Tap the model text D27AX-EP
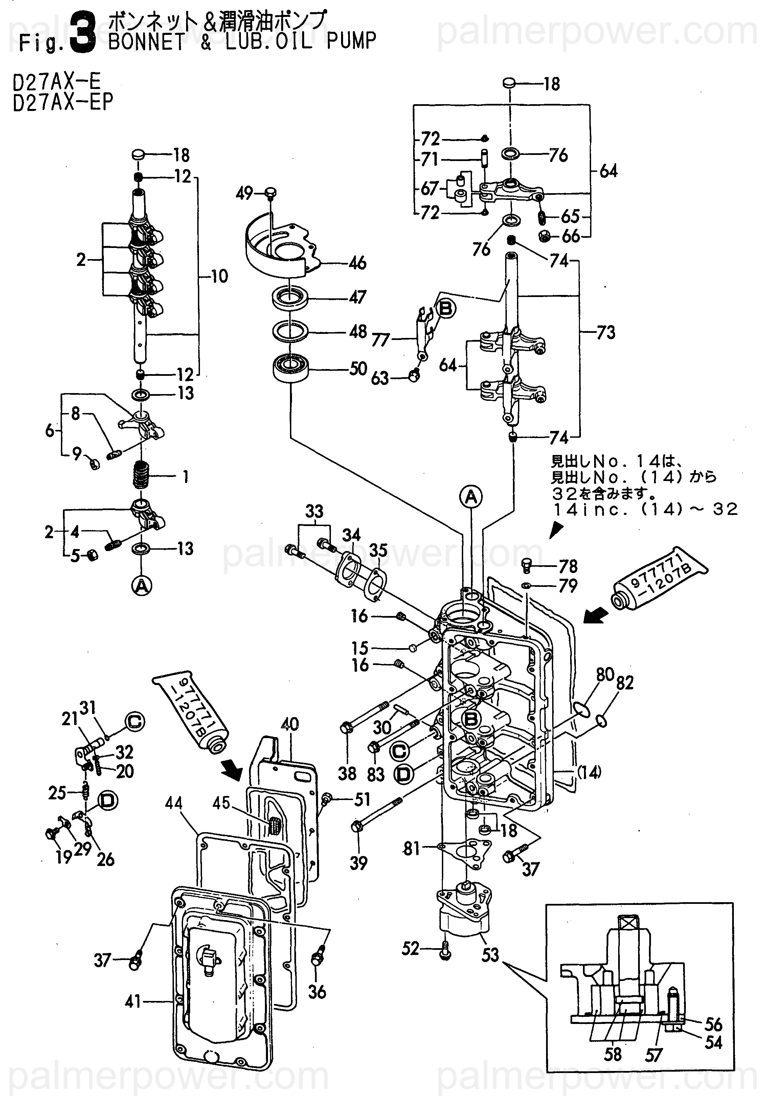pos(63,102)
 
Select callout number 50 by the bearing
pos(358,368)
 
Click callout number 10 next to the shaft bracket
pos(219,276)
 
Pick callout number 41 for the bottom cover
pos(133,1002)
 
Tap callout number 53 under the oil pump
pos(490,955)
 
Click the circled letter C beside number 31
pos(135,721)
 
